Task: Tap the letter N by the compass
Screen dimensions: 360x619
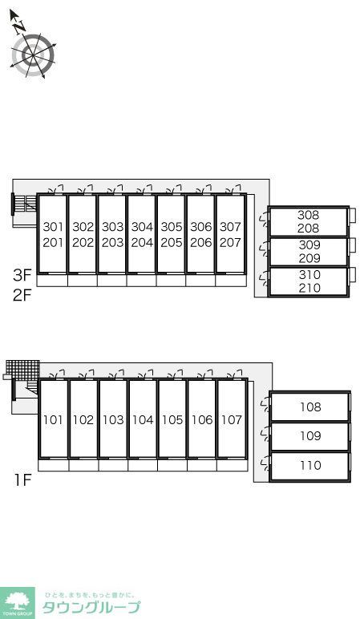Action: point(19,26)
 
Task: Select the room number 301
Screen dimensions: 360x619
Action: point(53,227)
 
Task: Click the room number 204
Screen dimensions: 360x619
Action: point(142,242)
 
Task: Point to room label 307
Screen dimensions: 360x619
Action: point(230,227)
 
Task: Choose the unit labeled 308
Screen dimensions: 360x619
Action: point(309,215)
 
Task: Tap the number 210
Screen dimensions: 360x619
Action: point(309,288)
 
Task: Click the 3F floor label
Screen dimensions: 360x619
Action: point(22,275)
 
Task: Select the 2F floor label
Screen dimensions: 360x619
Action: point(22,295)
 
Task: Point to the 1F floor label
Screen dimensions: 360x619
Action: point(23,480)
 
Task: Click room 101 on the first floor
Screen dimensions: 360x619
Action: point(53,419)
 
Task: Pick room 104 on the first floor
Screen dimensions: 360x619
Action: point(143,419)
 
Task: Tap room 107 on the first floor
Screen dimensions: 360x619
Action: point(232,419)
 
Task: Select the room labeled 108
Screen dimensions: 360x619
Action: point(310,407)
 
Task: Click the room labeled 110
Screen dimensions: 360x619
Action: point(310,465)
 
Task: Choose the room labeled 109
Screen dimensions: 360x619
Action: point(310,436)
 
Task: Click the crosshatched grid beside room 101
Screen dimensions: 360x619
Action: point(22,370)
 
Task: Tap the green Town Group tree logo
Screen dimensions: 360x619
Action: point(17,603)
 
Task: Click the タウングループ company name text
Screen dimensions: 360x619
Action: point(91,607)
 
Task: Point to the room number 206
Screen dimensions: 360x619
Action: point(201,242)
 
